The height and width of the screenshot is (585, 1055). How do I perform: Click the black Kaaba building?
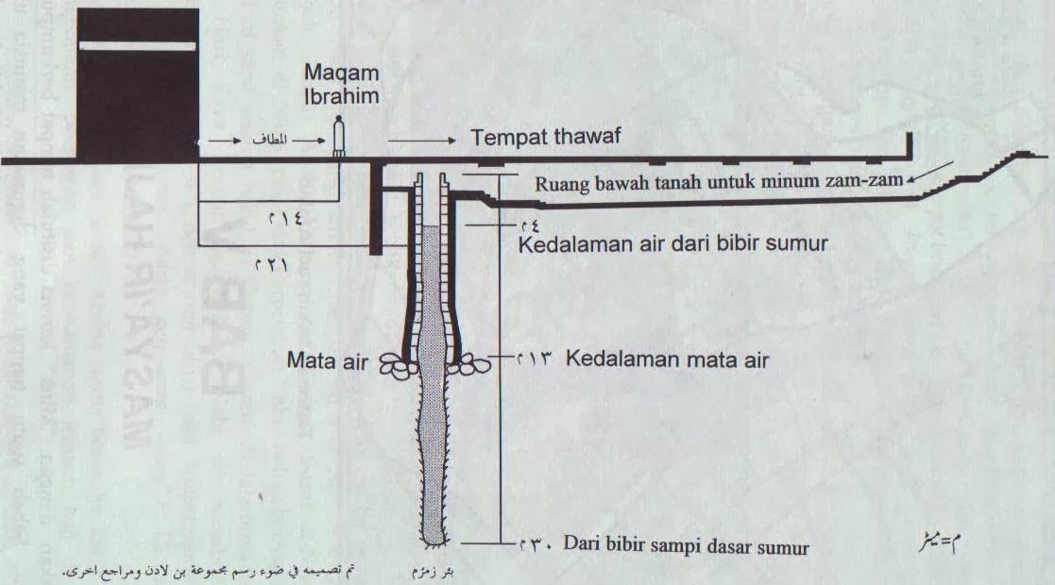(x=138, y=94)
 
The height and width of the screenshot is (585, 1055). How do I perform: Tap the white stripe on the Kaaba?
(x=138, y=46)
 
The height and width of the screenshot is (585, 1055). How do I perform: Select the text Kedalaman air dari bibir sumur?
(x=674, y=244)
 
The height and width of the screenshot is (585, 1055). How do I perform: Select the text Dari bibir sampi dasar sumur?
(x=686, y=545)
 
